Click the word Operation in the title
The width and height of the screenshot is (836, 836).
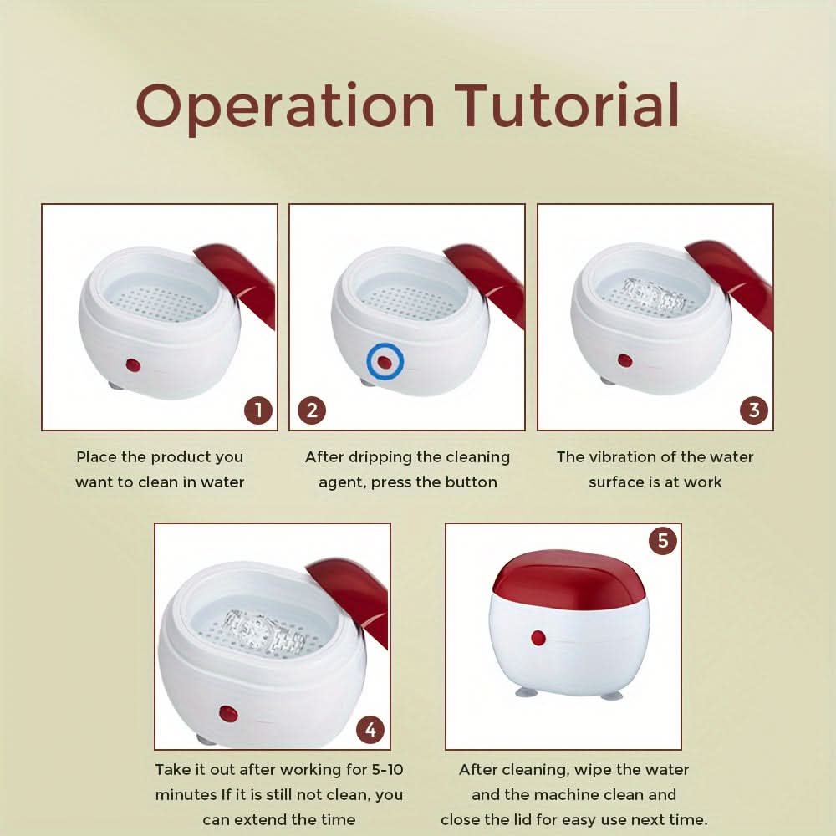[286, 107]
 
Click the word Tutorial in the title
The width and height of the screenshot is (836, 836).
[567, 104]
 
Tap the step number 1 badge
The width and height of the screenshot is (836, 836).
[258, 410]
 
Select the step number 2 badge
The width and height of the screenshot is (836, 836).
[312, 410]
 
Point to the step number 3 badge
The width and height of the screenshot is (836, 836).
[754, 410]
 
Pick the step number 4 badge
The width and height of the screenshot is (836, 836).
[370, 729]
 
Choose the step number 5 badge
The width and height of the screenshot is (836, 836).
[663, 541]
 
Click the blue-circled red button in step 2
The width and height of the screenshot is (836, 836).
[385, 362]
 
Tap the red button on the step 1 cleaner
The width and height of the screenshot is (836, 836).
[133, 365]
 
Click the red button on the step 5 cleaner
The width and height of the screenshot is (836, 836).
[538, 638]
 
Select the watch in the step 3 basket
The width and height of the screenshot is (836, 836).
[655, 295]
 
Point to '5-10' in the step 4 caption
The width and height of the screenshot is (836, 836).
[386, 769]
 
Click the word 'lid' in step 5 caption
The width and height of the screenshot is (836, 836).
[535, 819]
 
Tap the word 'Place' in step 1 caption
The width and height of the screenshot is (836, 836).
[96, 457]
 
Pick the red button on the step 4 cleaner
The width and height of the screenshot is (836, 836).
[228, 713]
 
